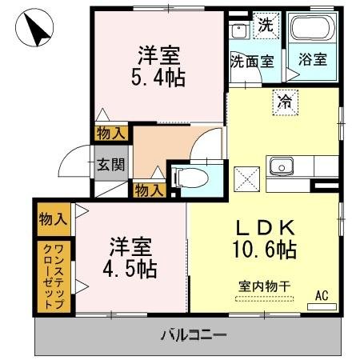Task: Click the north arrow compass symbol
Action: tap(34, 27)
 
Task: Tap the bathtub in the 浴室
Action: tap(313, 27)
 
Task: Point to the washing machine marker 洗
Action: tap(266, 26)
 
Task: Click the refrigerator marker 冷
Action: tap(285, 102)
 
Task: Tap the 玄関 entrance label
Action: tap(110, 164)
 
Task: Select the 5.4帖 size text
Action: tap(158, 78)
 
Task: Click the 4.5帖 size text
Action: tap(130, 269)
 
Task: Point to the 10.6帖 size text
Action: tap(265, 250)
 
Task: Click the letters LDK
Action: tap(266, 227)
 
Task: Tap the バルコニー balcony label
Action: tap(194, 335)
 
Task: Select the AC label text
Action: tap(322, 295)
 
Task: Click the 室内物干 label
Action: tap(264, 287)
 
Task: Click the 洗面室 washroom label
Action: tap(252, 62)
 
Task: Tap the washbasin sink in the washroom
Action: tap(239, 31)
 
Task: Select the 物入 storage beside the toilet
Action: tap(149, 190)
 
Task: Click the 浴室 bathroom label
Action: tap(313, 59)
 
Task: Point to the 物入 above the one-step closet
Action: tap(54, 219)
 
